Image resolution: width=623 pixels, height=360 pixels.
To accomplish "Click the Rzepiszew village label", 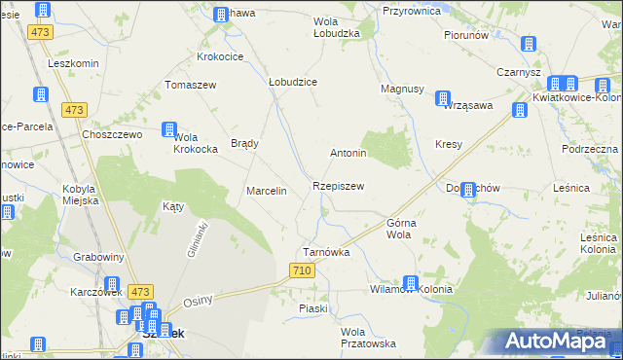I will click(x=339, y=185).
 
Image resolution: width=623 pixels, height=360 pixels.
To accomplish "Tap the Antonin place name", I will click(x=348, y=154).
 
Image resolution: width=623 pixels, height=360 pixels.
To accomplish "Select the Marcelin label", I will click(x=267, y=191).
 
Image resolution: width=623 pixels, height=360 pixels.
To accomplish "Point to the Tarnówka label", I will click(x=326, y=251).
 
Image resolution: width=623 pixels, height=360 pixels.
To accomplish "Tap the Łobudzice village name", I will click(x=293, y=83).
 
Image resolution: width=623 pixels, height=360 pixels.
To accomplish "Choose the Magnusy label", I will click(x=401, y=89).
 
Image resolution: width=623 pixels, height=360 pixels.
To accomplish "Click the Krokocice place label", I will click(x=220, y=57).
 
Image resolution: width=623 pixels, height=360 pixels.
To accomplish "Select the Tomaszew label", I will click(x=189, y=84).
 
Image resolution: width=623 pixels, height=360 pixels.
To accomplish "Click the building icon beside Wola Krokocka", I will click(x=169, y=129).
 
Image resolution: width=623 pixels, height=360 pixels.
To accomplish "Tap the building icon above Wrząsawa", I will click(x=444, y=98).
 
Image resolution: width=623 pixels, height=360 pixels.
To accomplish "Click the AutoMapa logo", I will click(x=561, y=342).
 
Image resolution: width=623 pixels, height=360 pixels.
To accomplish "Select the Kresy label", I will click(x=449, y=144).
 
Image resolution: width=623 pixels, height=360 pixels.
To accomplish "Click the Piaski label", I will click(x=313, y=308).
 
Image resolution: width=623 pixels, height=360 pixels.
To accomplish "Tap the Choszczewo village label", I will click(x=113, y=134).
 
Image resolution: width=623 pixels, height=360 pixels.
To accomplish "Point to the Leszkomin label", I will click(x=74, y=62).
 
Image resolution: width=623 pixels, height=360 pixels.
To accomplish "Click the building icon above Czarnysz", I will click(x=529, y=45).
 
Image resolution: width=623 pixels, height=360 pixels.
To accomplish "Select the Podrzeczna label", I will click(x=590, y=149).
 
